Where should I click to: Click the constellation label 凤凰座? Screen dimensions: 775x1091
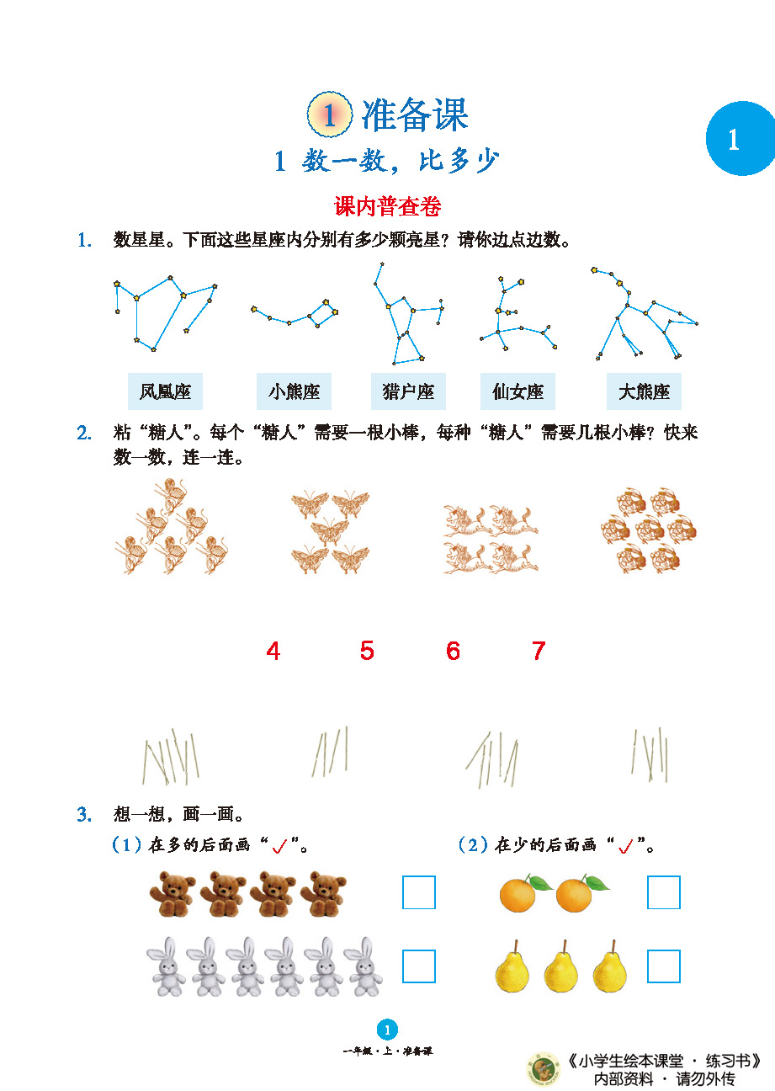pos(165,391)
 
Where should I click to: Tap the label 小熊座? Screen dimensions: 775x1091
pos(294,391)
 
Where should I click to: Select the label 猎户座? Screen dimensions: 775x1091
pos(408,391)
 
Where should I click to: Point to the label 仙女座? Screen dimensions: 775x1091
pos(518,391)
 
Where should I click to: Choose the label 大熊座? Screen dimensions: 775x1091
pos(644,391)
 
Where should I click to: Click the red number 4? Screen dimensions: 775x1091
pos(273,651)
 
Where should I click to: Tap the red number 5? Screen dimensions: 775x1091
pos(367,650)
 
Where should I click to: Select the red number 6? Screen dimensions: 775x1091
pos(453,651)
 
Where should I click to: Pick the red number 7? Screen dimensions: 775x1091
pos(539,651)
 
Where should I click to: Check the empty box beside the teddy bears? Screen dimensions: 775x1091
pos(419,892)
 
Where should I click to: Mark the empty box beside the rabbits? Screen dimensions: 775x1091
pos(419,966)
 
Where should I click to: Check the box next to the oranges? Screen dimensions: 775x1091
pos(664,892)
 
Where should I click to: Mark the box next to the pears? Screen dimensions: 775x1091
pos(664,966)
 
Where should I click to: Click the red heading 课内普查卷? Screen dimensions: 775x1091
pos(387,206)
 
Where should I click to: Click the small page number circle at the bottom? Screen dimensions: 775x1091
pos(387,1030)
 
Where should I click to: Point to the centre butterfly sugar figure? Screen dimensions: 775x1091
pos(330,531)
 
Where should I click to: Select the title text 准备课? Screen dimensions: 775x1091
pos(415,115)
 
